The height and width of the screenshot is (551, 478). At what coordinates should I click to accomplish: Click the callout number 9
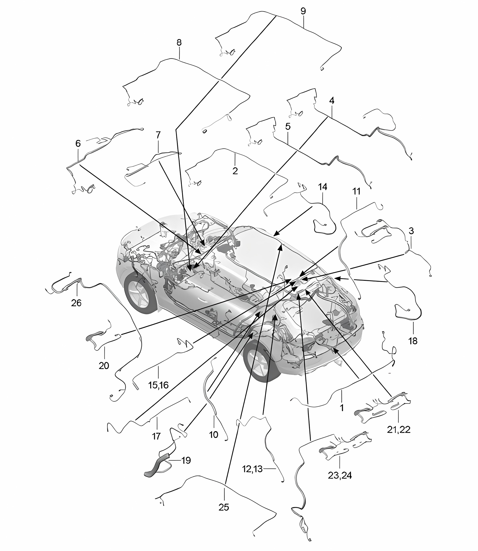303,11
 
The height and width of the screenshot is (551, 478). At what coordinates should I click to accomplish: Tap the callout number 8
179,42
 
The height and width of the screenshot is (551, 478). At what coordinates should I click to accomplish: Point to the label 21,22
398,430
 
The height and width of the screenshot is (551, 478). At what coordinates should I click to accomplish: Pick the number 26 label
76,303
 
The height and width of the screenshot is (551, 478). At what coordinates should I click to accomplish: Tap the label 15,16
158,385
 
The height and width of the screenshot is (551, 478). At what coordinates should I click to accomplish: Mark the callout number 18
413,341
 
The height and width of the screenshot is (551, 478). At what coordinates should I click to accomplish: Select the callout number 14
322,187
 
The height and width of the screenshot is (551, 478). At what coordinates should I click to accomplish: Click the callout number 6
78,144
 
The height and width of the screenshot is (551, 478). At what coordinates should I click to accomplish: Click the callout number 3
411,231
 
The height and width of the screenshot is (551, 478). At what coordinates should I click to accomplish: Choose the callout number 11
356,191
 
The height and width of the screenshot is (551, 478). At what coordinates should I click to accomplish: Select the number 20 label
104,365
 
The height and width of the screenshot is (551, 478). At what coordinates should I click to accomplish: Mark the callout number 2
235,171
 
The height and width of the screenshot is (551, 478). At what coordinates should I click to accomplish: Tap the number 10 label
214,435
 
